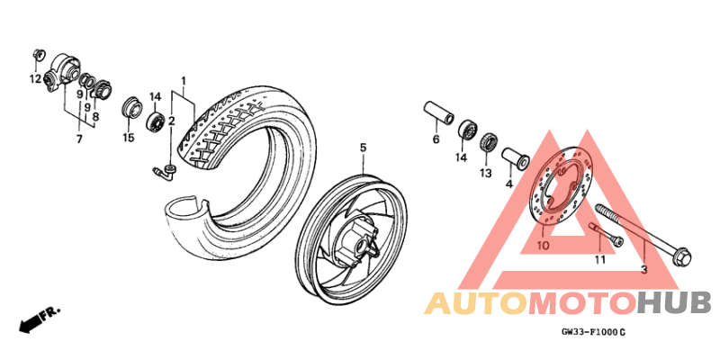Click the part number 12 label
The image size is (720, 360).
coord(35,79)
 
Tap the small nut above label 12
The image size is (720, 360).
coord(38,55)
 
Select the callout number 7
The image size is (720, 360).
coord(79,139)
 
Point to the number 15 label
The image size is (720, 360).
coord(129,138)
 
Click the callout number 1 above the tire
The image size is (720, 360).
coord(184,82)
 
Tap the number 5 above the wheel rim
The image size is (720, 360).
coord(363,148)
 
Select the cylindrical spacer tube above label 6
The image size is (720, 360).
coord(438,112)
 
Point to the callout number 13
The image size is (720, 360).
coord(486,173)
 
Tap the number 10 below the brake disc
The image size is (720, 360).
coord(543,246)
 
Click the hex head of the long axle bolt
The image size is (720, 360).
coord(682,257)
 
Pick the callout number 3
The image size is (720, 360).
coord(643,270)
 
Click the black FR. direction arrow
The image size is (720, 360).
coord(29,325)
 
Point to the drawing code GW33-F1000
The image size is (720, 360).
coord(589,331)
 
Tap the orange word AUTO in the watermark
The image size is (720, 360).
coord(476,303)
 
